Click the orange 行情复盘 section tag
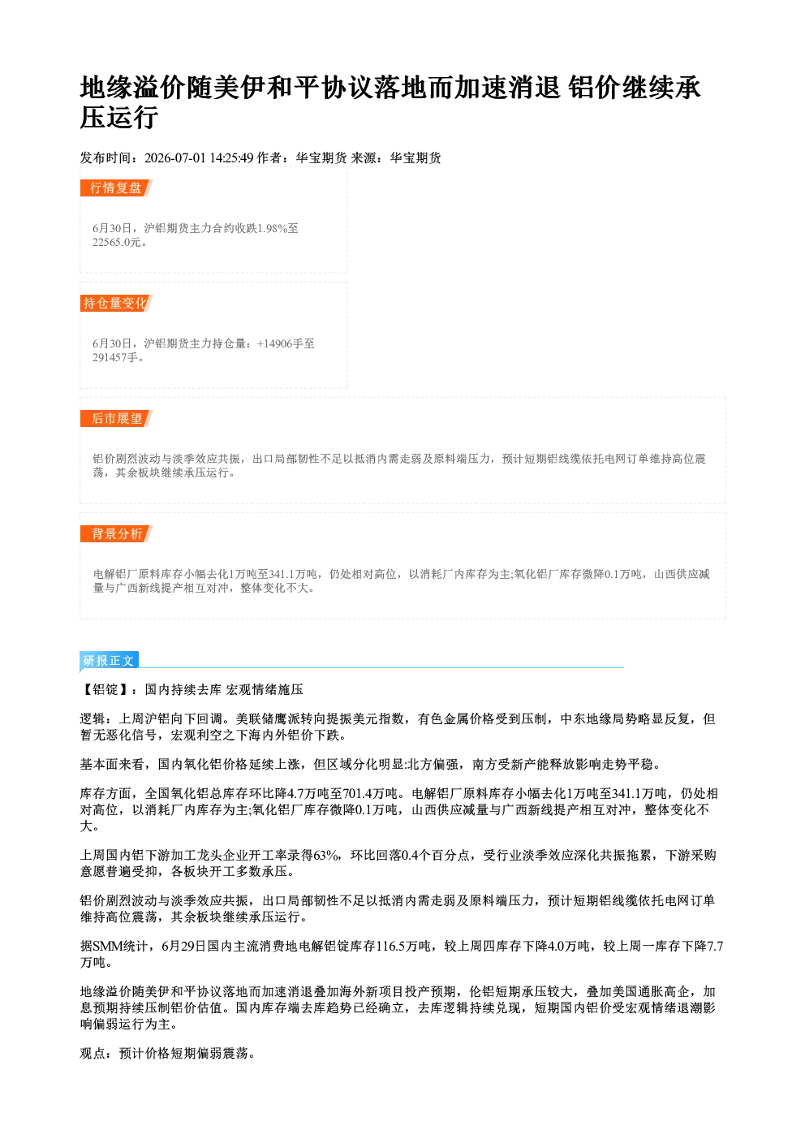(116, 188)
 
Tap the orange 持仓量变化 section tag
(116, 303)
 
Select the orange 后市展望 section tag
(116, 418)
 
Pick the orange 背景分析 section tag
(116, 533)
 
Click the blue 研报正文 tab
(109, 661)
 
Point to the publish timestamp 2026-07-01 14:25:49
(199, 158)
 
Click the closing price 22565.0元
(117, 243)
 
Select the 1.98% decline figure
(273, 229)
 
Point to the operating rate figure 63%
(327, 856)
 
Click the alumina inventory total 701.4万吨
(370, 793)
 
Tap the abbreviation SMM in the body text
(108, 946)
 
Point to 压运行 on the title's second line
(119, 117)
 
